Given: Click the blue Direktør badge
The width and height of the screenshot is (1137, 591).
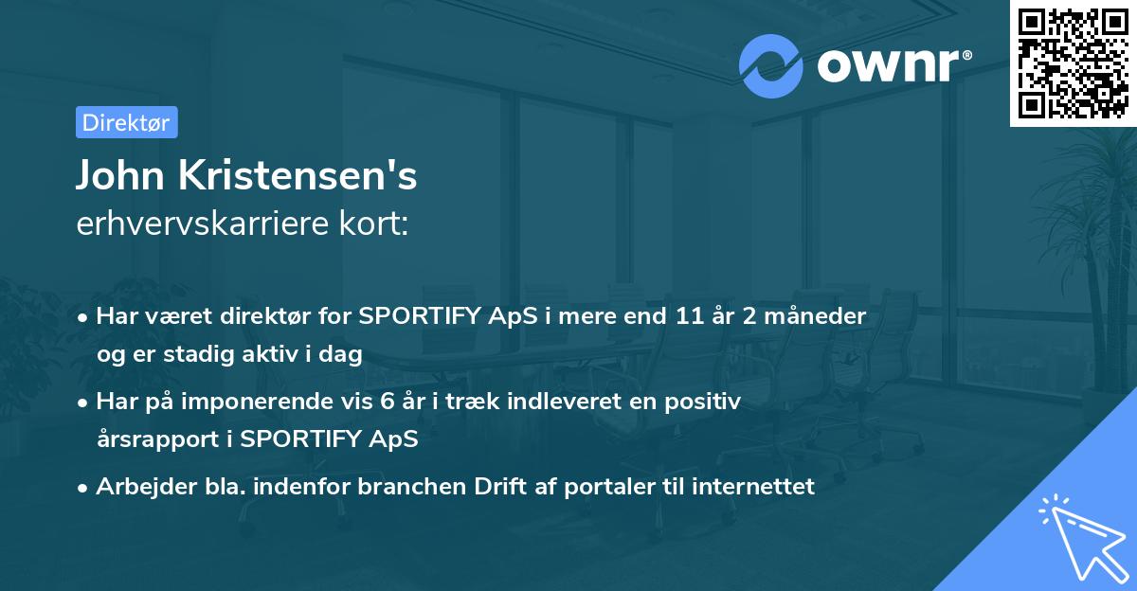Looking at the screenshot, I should (x=126, y=122).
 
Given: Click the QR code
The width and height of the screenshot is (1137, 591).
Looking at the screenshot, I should (x=1074, y=63).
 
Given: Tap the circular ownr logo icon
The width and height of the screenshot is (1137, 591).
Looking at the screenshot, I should (x=771, y=65).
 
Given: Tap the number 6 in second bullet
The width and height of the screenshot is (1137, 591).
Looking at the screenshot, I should (x=387, y=402).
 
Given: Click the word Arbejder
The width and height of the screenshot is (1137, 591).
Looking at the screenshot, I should (x=138, y=487).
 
